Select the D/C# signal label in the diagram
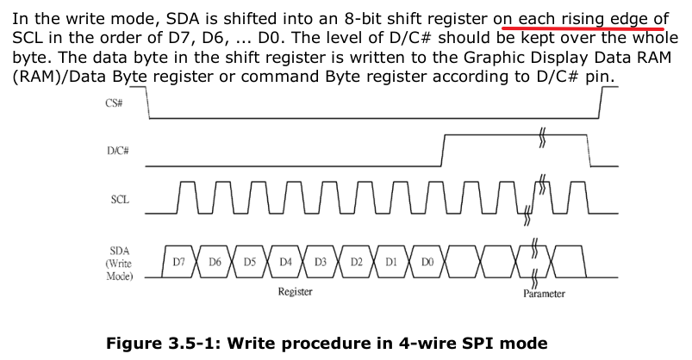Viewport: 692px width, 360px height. click(x=118, y=150)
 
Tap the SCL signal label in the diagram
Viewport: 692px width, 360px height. click(x=120, y=200)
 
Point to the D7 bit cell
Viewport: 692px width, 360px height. click(x=178, y=261)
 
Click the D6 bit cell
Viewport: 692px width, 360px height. click(x=214, y=261)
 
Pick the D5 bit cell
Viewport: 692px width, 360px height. click(x=249, y=261)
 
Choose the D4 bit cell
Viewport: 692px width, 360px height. click(x=285, y=261)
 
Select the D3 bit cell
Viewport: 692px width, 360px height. click(x=321, y=261)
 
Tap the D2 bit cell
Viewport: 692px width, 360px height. click(x=356, y=261)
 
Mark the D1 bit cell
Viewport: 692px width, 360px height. click(x=391, y=261)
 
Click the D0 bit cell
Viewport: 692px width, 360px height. click(x=427, y=261)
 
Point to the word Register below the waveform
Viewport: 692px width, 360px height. click(x=296, y=292)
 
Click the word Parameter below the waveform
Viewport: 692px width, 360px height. click(x=544, y=294)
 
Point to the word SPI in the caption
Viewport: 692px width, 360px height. click(x=460, y=343)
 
